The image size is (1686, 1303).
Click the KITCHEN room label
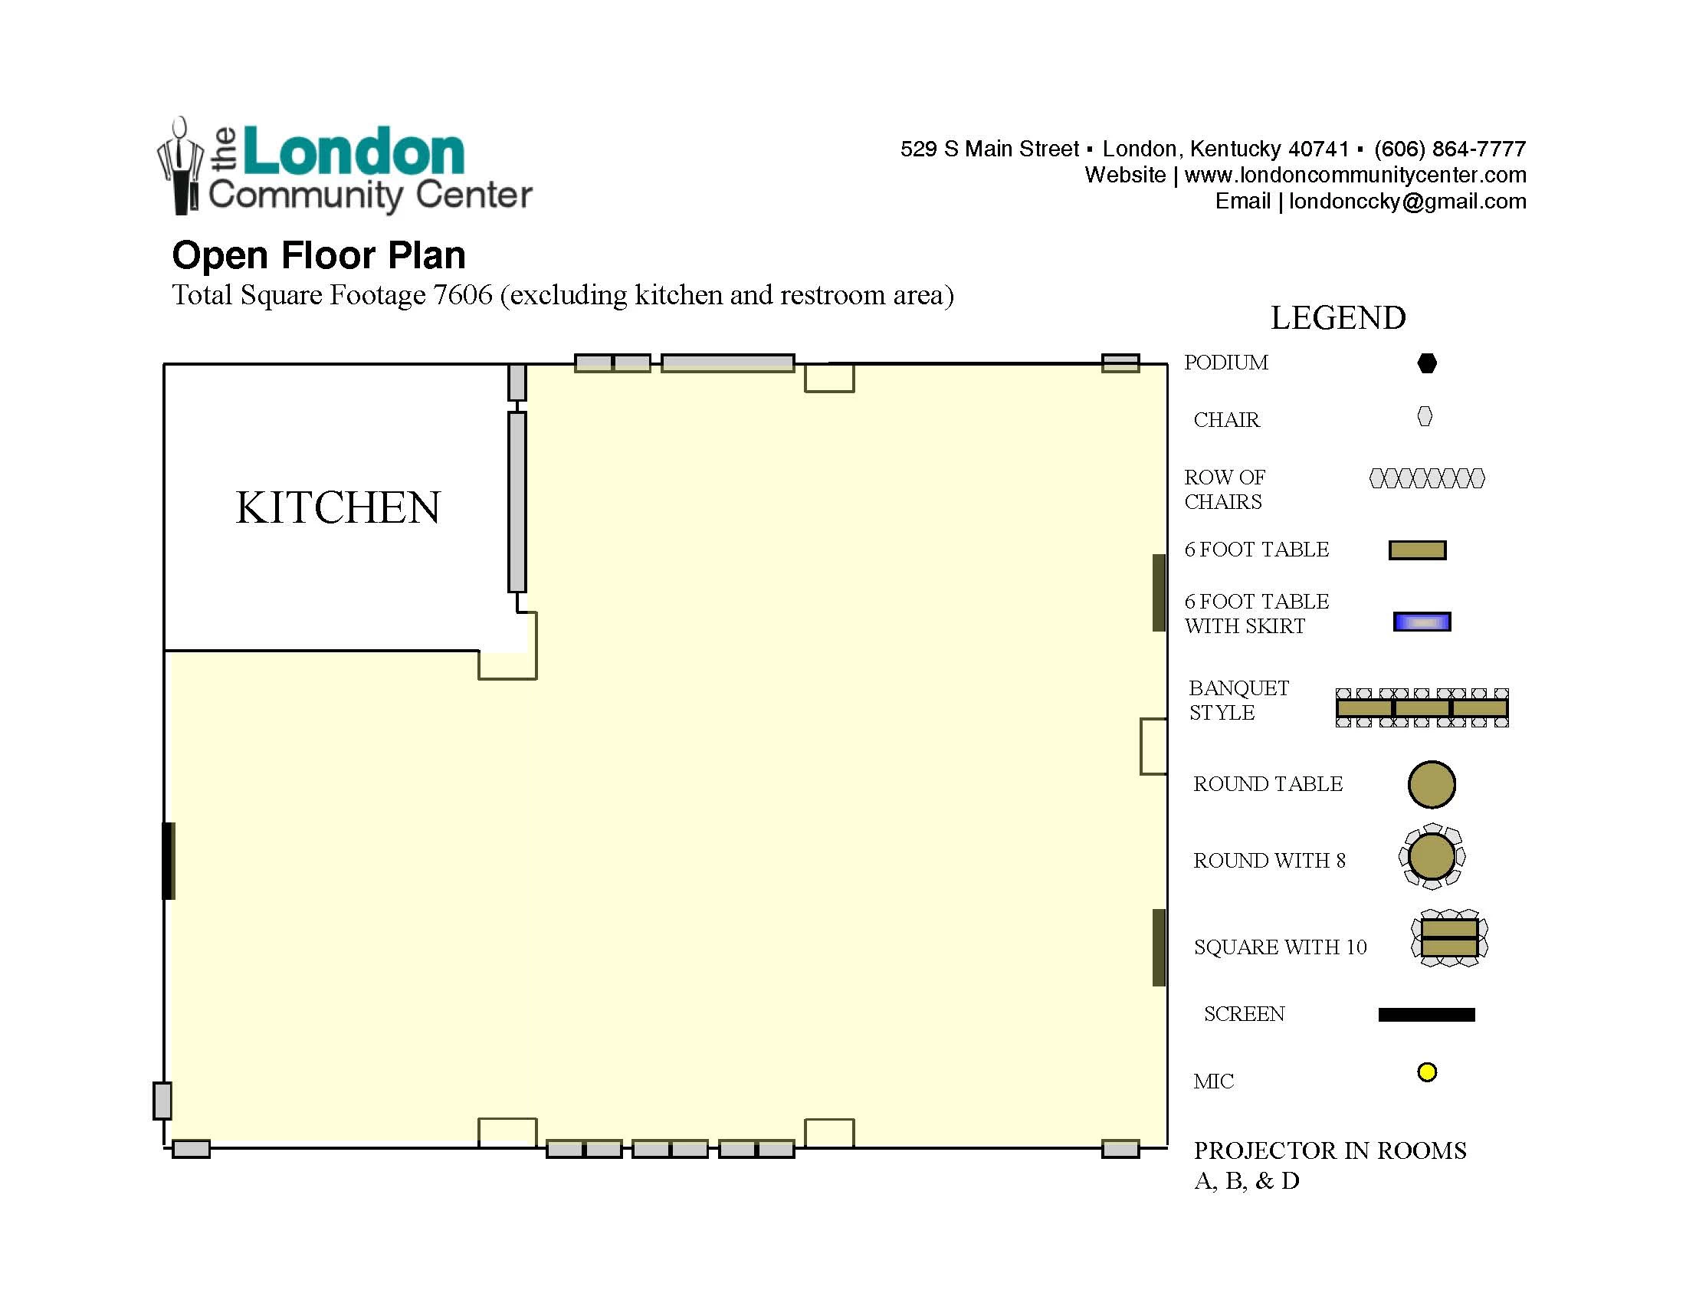pyautogui.click(x=338, y=507)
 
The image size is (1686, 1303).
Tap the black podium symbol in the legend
pyautogui.click(x=1427, y=363)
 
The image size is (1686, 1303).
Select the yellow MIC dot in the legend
pyautogui.click(x=1427, y=1072)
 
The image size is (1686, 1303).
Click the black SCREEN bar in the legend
pyautogui.click(x=1427, y=1014)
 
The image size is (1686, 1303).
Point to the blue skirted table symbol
pyautogui.click(x=1422, y=622)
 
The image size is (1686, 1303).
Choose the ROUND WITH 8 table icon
pyautogui.click(x=1432, y=857)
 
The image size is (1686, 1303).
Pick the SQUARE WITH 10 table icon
pyautogui.click(x=1449, y=938)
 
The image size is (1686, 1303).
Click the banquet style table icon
pyautogui.click(x=1422, y=708)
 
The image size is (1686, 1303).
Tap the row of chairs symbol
pyautogui.click(x=1427, y=478)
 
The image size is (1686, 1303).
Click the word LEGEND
pyautogui.click(x=1338, y=318)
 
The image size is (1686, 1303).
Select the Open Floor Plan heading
pyautogui.click(x=319, y=255)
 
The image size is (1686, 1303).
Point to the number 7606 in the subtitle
pyautogui.click(x=462, y=295)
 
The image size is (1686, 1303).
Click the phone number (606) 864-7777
pyautogui.click(x=1450, y=149)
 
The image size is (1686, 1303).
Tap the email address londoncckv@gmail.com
pyautogui.click(x=1407, y=202)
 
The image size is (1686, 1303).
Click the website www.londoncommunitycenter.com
pyautogui.click(x=1355, y=176)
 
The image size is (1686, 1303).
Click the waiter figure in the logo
pyautogui.click(x=181, y=166)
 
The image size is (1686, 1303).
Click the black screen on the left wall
pyautogui.click(x=168, y=861)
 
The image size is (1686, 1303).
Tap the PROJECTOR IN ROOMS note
pyautogui.click(x=1330, y=1165)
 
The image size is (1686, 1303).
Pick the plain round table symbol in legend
pyautogui.click(x=1432, y=784)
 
